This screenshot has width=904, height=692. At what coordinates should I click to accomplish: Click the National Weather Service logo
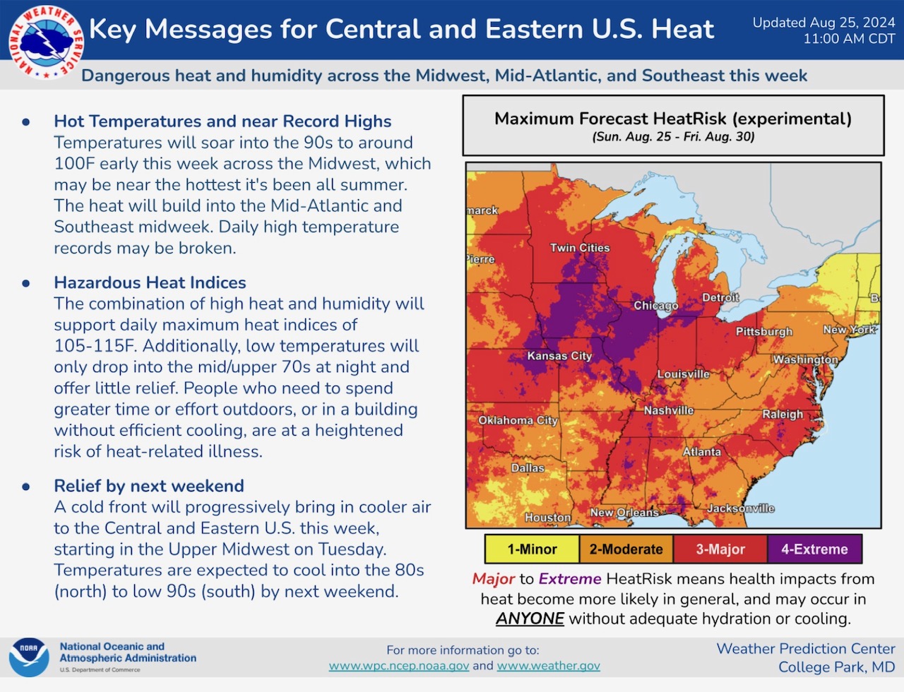pos(46,42)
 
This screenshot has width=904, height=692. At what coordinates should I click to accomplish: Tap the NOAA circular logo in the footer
pos(29,657)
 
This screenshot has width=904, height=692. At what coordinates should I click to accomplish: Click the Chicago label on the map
pos(655,306)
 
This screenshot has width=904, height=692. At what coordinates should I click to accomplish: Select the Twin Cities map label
pos(580,248)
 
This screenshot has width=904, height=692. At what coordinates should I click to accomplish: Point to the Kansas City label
pos(559,356)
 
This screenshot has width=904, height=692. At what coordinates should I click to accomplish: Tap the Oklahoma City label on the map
pos(518,420)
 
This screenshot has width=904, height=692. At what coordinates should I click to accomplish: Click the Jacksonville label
pos(741,508)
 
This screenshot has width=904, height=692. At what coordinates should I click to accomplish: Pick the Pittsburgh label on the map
pos(763,331)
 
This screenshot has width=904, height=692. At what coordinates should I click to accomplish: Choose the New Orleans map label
pos(624,513)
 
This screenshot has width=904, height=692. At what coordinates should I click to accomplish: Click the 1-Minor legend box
pos(532,549)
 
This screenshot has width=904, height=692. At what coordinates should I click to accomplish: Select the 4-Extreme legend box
pos(814,549)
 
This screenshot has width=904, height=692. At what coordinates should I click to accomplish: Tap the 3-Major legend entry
pos(720,549)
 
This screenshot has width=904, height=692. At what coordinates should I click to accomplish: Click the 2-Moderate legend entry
pos(626,549)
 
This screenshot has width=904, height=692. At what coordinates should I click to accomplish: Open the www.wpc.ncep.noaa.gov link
pos(399,666)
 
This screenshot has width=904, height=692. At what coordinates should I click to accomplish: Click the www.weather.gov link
pos(548,666)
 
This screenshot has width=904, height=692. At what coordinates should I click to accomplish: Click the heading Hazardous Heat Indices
pos(150,282)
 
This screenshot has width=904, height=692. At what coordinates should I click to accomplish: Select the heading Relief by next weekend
pos(149,486)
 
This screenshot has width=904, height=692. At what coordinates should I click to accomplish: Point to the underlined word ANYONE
pos(530,619)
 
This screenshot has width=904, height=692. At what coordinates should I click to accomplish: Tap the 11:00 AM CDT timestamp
pos(849,39)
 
